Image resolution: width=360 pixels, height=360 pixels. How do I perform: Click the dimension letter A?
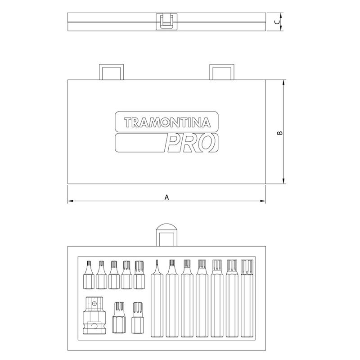[167, 197]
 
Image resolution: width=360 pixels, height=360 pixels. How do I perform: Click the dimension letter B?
[280, 133]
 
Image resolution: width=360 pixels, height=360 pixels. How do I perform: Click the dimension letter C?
[277, 22]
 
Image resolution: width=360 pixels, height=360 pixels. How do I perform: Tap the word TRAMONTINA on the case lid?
[167, 122]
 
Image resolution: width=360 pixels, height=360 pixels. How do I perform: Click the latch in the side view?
[166, 21]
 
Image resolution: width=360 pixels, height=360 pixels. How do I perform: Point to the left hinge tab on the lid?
[111, 72]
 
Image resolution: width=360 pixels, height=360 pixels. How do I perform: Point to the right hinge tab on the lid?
[222, 72]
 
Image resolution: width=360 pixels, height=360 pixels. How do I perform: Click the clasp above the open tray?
[166, 234]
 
